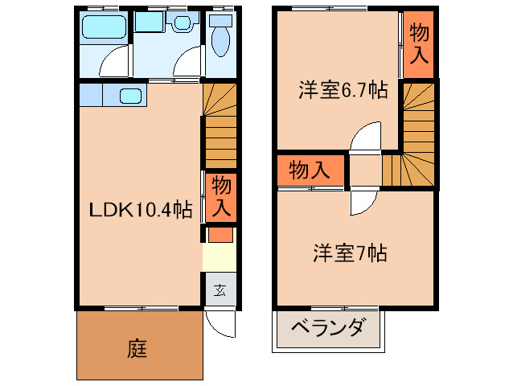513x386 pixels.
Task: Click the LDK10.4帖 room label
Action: [140, 210]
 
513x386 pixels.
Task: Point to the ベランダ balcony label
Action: [327, 328]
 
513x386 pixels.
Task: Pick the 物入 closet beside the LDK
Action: [221, 197]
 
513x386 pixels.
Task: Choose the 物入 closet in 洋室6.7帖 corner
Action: [419, 45]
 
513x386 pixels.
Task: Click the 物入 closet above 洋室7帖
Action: [309, 170]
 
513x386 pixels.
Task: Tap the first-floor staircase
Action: [220, 124]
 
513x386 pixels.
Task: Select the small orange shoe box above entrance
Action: [220, 236]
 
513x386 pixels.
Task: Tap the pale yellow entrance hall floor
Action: [220, 259]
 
